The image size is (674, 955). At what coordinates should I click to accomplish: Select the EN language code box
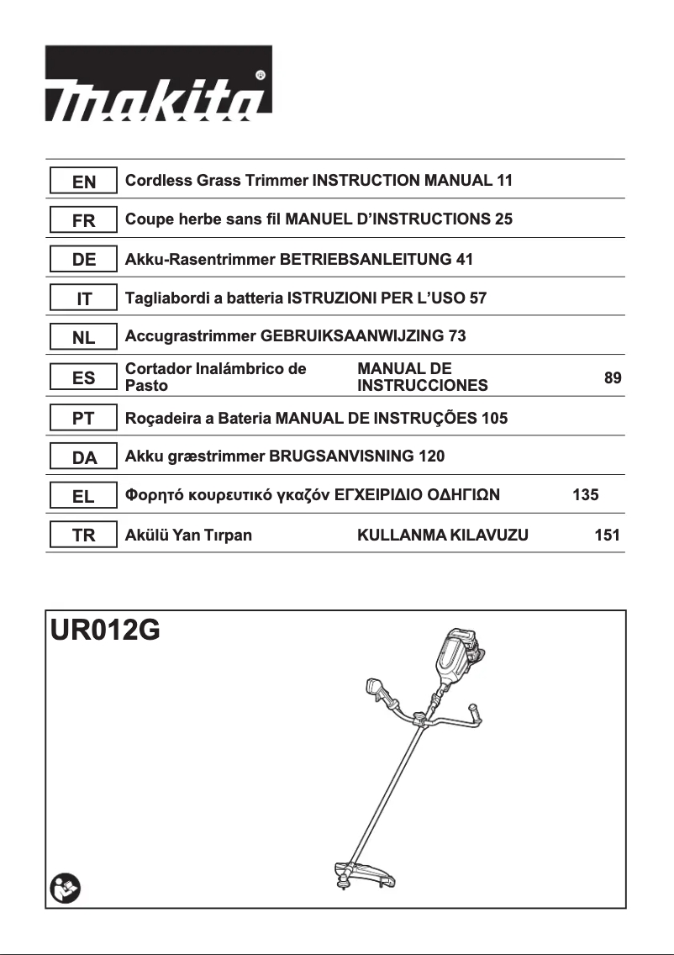83,181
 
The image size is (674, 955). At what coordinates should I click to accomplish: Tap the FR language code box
83,220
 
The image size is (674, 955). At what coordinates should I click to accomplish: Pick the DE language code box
83,260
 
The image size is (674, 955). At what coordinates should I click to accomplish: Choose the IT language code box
83,298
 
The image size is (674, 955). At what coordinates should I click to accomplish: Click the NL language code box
83,338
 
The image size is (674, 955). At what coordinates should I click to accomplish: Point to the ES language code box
83,377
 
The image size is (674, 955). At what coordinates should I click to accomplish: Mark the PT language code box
83,418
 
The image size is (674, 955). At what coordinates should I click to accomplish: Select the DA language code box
83,457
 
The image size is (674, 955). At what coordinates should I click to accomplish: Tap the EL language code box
83,496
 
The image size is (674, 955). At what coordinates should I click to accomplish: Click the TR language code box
83,536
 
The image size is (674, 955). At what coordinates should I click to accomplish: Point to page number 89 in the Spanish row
613,378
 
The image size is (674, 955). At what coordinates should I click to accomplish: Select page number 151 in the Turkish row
606,536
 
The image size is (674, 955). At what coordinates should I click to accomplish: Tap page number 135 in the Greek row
585,496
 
